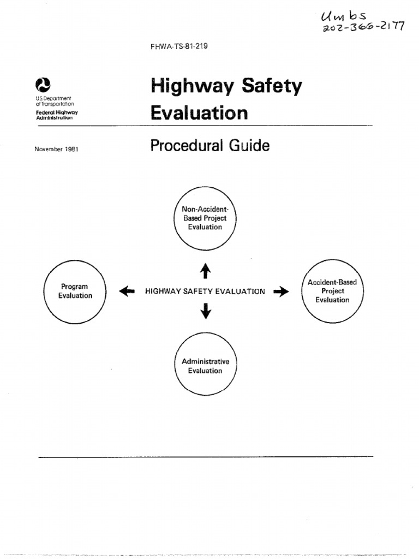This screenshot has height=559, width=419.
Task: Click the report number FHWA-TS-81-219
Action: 178,46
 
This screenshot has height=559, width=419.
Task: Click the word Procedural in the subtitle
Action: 187,146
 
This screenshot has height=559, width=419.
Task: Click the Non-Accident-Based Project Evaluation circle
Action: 205,217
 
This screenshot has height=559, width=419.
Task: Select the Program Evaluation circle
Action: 75,292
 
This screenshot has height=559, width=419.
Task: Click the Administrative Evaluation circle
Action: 205,366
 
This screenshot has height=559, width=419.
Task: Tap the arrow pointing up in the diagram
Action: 206,270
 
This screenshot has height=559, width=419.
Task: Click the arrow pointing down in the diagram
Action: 206,311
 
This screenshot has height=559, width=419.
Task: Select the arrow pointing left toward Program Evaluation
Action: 126,292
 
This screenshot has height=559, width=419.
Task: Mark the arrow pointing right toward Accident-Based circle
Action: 281,292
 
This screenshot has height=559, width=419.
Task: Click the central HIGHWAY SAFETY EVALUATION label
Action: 205,292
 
